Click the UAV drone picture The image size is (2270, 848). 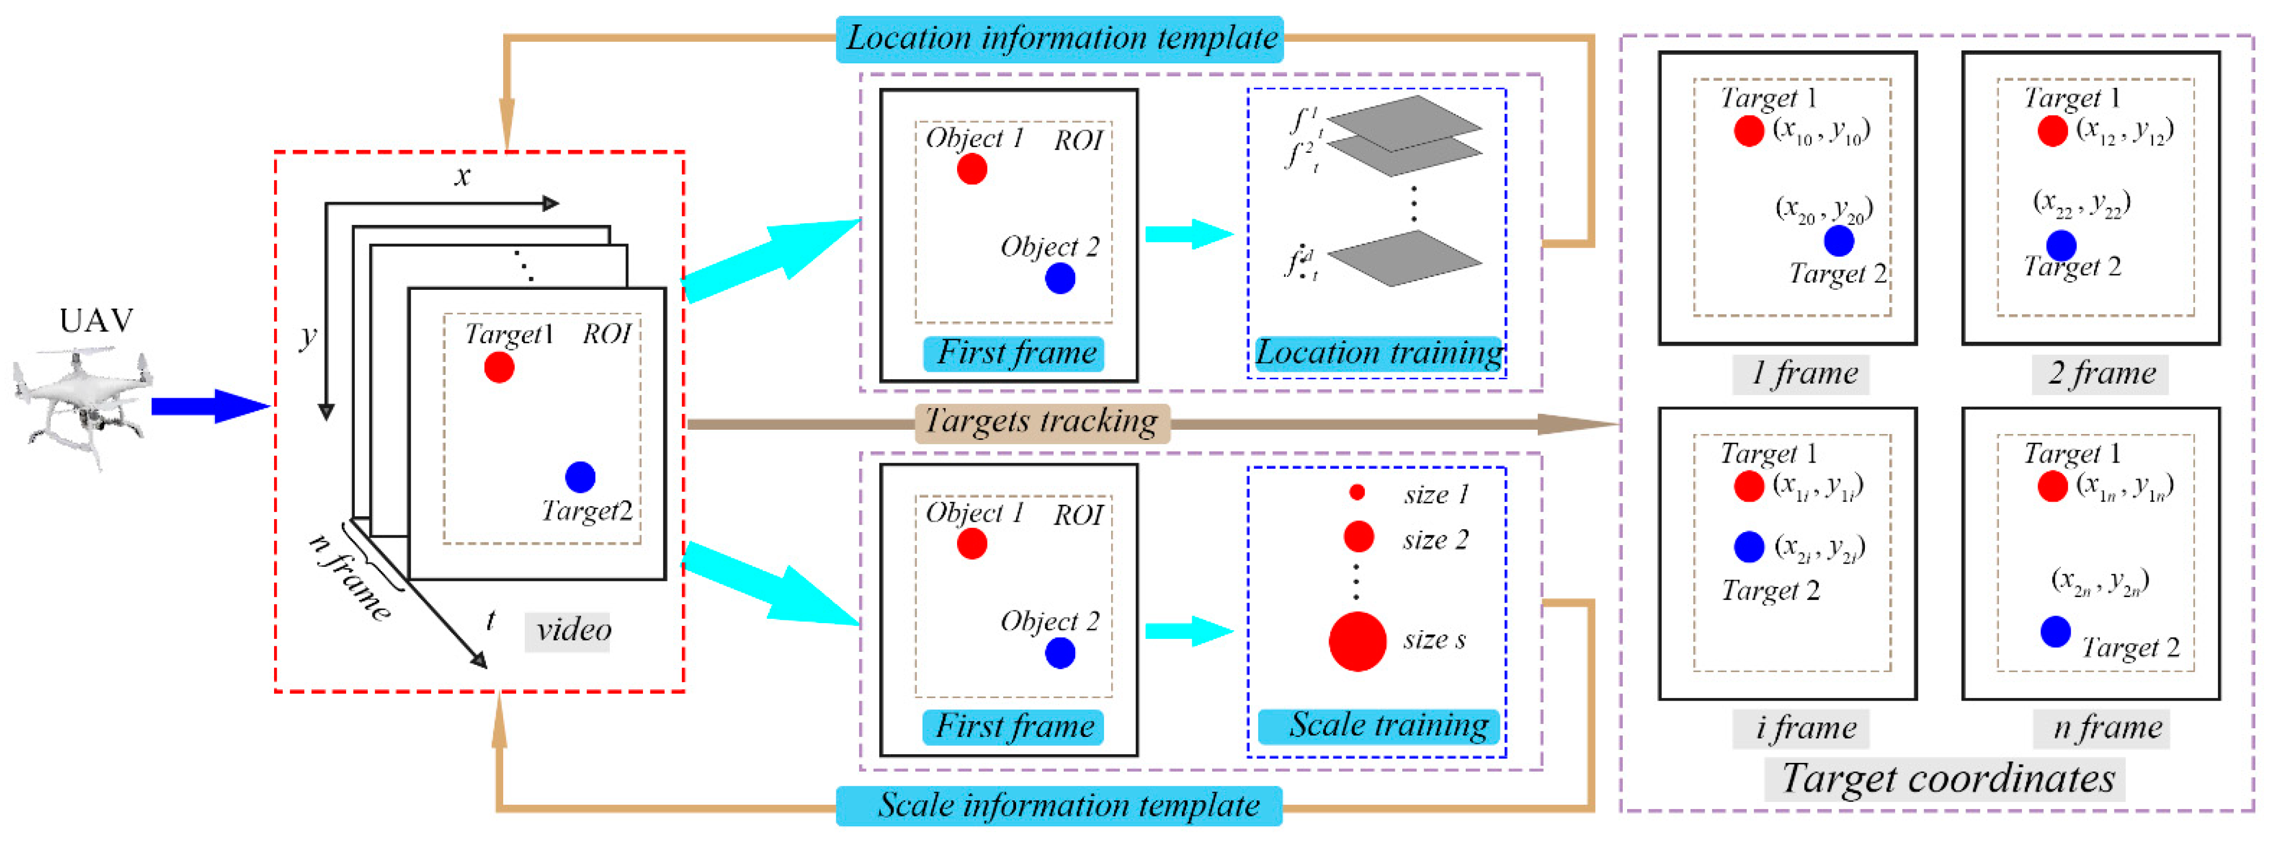pyautogui.click(x=84, y=405)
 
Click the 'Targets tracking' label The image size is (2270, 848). pyautogui.click(x=1043, y=422)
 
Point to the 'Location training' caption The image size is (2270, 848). pyautogui.click(x=1378, y=353)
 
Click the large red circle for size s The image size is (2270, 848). pyautogui.click(x=1357, y=642)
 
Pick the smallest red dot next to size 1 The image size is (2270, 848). pyautogui.click(x=1357, y=493)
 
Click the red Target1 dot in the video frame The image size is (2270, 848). pyautogui.click(x=499, y=367)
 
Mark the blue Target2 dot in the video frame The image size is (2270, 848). pyautogui.click(x=580, y=477)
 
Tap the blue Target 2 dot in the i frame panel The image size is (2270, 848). pyautogui.click(x=1748, y=547)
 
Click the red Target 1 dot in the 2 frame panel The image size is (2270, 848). pyautogui.click(x=2052, y=131)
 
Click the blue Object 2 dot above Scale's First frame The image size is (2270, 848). pyautogui.click(x=1059, y=653)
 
